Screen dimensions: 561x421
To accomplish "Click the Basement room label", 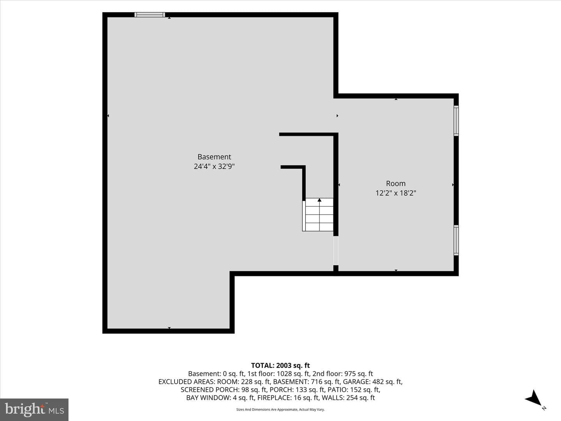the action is (214, 157).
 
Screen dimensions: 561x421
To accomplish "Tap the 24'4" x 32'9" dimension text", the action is (214, 166).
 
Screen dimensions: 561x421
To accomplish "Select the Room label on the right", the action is (396, 184).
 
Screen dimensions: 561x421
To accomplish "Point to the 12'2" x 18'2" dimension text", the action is (396, 193).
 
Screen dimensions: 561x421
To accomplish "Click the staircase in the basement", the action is (318, 214).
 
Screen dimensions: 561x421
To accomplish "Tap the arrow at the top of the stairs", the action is (319, 200).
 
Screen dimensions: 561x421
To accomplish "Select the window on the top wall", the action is (150, 14).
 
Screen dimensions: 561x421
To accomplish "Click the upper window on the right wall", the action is (456, 120).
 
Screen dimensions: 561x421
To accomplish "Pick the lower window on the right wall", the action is (456, 240).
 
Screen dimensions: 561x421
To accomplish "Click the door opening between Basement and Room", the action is (336, 251).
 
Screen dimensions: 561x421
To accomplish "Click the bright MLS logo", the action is (34, 409).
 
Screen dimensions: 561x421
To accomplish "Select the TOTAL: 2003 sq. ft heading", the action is (280, 366).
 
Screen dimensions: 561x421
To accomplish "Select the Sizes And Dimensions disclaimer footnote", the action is (280, 409).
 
